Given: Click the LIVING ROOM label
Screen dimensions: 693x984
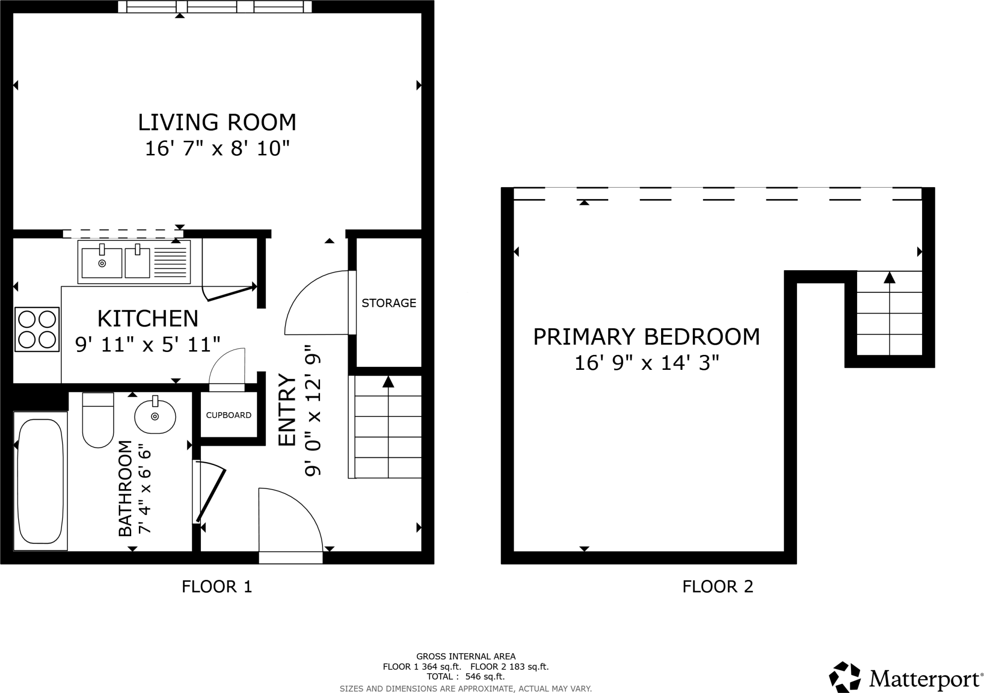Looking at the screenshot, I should [x=217, y=122].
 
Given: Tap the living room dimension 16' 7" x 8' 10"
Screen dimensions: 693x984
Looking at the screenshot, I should [x=217, y=149].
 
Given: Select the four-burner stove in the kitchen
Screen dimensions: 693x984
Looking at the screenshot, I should [x=37, y=329].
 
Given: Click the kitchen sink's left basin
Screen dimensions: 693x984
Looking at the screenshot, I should [x=101, y=263].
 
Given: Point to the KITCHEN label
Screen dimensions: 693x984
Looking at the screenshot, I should [x=148, y=318].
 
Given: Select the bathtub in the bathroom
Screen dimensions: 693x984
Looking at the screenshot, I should [x=40, y=481].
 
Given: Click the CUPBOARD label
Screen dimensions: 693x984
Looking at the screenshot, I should [x=229, y=415].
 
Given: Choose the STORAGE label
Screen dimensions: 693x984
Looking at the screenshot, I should [x=389, y=303].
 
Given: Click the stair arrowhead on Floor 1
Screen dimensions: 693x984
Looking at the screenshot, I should [x=388, y=382].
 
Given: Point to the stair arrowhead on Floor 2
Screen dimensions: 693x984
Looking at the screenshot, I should [x=889, y=277].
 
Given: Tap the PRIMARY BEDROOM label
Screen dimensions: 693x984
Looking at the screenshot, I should [x=646, y=337].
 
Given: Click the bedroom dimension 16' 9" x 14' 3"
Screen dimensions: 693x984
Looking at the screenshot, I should [x=646, y=363].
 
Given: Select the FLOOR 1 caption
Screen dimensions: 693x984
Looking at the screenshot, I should [x=217, y=587].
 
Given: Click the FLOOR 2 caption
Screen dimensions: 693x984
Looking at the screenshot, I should [x=717, y=587].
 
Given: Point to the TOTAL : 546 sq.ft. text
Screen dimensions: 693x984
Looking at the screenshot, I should [x=465, y=677].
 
